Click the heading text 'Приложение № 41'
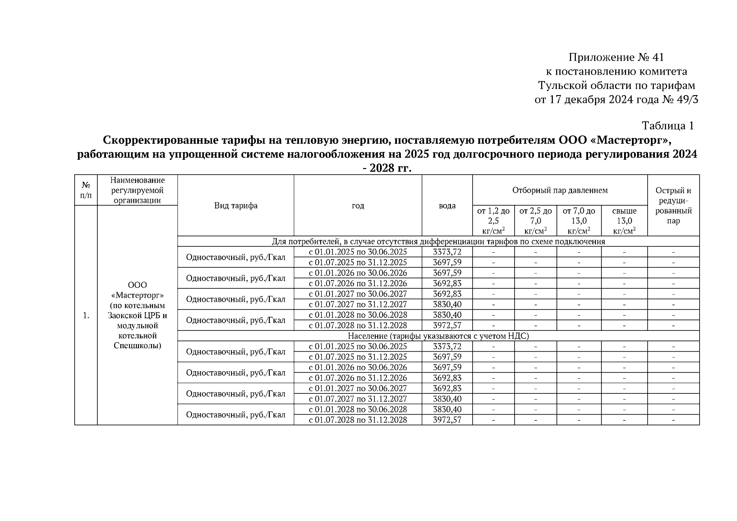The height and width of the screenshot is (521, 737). point(616,57)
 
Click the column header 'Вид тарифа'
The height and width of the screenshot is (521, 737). point(235,205)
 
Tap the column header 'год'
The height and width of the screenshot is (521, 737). point(357,205)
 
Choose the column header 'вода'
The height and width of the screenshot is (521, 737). point(447,205)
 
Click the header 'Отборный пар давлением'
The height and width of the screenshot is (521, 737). point(560,190)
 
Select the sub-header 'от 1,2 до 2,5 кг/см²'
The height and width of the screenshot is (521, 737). point(493,221)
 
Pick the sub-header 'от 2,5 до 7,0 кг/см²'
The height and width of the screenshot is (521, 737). point(535,221)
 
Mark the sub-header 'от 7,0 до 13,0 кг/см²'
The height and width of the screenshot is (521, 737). point(579,221)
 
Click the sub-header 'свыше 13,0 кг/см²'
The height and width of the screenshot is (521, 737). point(624,221)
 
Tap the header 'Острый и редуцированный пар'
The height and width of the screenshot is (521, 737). point(673,205)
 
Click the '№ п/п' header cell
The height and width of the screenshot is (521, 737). point(86,190)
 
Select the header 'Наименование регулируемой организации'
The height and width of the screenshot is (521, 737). point(137,190)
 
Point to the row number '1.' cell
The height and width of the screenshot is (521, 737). point(86,315)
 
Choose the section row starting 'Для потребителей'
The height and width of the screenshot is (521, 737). point(438,241)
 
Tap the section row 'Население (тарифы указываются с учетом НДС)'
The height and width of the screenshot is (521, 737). point(438,336)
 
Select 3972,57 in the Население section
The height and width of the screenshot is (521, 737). point(447,420)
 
